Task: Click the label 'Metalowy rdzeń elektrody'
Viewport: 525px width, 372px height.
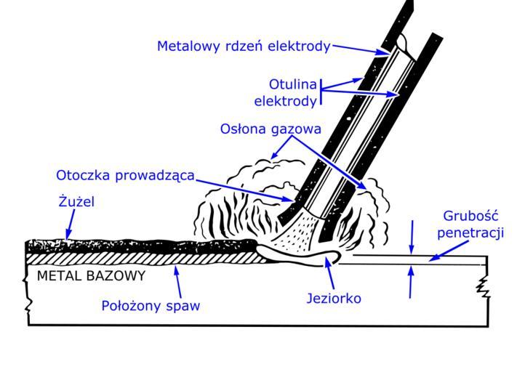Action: click(244, 46)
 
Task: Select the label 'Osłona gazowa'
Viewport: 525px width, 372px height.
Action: click(270, 129)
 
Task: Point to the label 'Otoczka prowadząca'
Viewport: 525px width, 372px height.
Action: click(125, 175)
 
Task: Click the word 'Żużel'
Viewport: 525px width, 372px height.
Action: click(76, 202)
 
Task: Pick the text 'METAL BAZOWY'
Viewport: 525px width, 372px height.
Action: click(91, 276)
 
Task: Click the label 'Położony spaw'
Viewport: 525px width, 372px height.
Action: click(150, 306)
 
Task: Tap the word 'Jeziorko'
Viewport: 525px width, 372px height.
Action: click(335, 298)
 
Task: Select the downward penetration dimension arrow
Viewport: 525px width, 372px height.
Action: click(412, 236)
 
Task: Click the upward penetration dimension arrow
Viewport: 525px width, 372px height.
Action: click(412, 283)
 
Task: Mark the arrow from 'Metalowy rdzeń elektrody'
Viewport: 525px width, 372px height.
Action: click(361, 49)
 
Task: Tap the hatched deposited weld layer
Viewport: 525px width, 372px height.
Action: click(145, 256)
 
